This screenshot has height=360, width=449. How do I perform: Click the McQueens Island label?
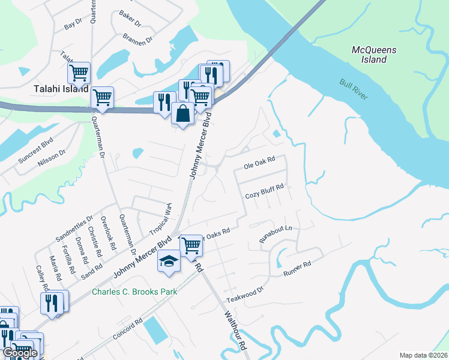coord(374,55)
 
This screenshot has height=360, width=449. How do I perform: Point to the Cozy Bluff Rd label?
coord(264,196)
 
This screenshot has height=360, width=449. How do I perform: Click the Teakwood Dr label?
coord(245,294)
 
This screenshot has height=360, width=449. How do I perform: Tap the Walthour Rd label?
coord(235,329)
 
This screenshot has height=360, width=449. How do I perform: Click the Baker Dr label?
coord(129,18)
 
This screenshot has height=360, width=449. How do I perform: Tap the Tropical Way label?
coord(160,219)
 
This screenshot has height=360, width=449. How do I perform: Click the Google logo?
coord(20,353)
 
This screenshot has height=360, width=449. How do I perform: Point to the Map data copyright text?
coord(423,355)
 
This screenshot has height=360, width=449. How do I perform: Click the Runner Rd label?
coord(297,269)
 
